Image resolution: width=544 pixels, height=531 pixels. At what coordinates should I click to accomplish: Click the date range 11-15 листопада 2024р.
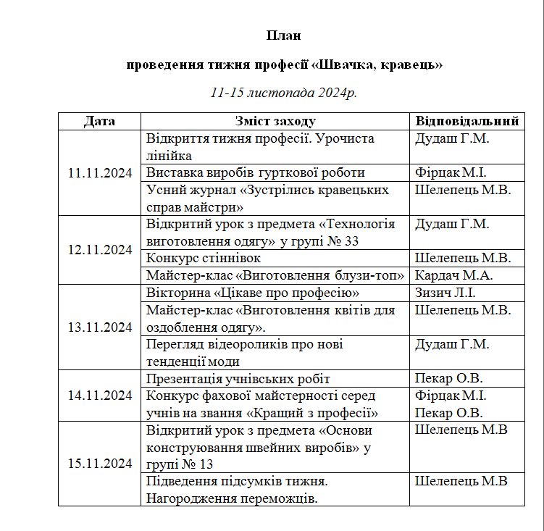pos(284,93)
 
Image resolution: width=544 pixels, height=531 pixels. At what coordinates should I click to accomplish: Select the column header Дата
pos(99,121)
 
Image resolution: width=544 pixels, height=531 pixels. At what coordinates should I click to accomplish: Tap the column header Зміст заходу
pos(275,121)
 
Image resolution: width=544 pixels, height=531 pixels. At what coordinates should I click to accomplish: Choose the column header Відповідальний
pos(467,121)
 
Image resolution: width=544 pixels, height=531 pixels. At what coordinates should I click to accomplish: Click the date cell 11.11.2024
pos(99,172)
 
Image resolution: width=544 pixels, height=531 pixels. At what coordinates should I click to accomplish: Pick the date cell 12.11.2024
pos(99,249)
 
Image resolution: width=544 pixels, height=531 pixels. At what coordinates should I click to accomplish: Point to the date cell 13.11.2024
pos(99,327)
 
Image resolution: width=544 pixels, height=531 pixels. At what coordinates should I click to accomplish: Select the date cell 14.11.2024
pos(99,395)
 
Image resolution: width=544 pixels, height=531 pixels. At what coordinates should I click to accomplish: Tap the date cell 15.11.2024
pos(99,463)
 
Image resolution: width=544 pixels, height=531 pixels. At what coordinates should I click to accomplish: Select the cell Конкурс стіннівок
pos(204,258)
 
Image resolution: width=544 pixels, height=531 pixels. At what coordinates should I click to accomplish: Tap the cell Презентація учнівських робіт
pos(238,378)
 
